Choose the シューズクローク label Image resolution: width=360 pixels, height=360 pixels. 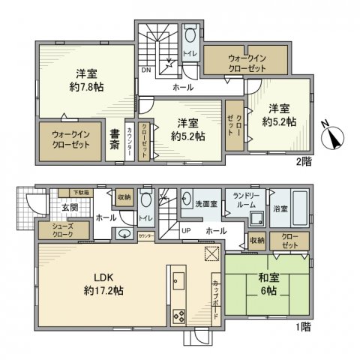(62, 230)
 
